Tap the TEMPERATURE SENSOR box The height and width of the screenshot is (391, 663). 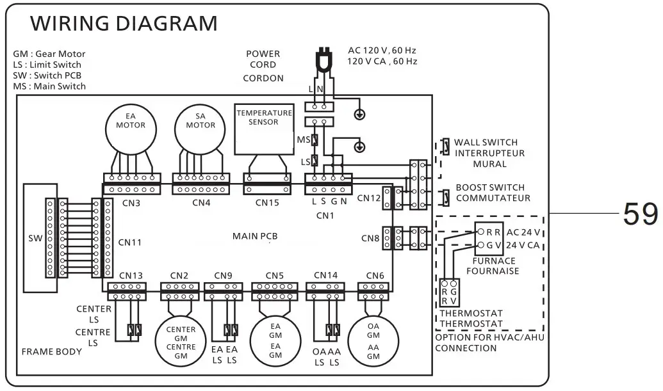point(265,129)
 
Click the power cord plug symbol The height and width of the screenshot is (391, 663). point(324,60)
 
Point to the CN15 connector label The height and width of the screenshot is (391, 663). point(267,203)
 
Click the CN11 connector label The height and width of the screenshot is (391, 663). point(130,243)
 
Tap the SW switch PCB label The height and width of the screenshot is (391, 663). point(35,238)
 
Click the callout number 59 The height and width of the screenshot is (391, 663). point(641,214)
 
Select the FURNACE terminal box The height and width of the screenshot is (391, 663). point(489,239)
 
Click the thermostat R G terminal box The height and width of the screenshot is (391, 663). point(449,292)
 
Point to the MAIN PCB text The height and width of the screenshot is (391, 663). point(255,236)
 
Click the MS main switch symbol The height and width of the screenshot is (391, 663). point(315,140)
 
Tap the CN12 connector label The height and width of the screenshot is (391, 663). point(369,198)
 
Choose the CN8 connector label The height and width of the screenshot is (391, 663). point(370,239)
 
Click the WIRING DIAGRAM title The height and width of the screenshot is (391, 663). point(124,23)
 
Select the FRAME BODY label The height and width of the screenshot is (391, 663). point(52,352)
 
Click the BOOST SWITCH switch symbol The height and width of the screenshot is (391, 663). point(445,198)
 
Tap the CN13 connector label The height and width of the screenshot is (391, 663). point(131,276)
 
